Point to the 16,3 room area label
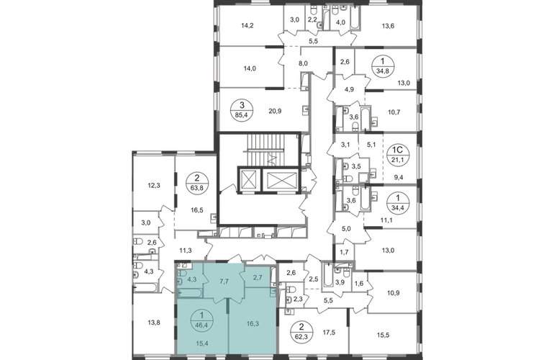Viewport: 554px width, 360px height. [252, 325]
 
